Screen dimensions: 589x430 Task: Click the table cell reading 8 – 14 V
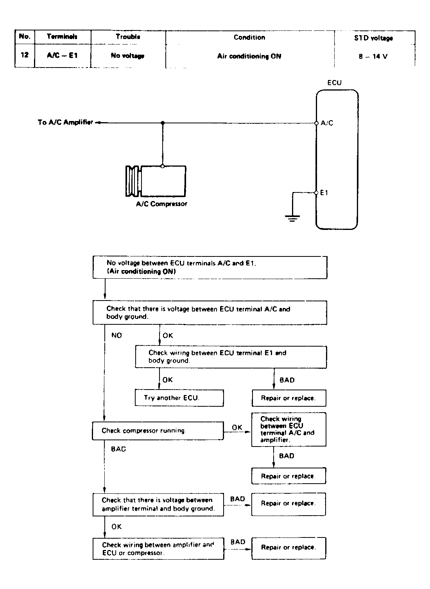pyautogui.click(x=373, y=56)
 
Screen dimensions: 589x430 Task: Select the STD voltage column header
pyautogui.click(x=373, y=38)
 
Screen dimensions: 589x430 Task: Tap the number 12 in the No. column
pyautogui.click(x=25, y=55)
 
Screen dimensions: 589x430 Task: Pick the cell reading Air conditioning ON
pyautogui.click(x=249, y=56)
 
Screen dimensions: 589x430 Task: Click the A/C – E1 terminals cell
pyautogui.click(x=62, y=55)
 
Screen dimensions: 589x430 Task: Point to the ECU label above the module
pyautogui.click(x=334, y=83)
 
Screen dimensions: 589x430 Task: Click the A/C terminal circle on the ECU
pyautogui.click(x=316, y=123)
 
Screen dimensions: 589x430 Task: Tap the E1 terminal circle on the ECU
pyautogui.click(x=316, y=192)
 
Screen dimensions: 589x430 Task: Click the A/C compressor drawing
pyautogui.click(x=156, y=181)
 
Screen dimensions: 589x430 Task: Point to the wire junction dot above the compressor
pyautogui.click(x=163, y=123)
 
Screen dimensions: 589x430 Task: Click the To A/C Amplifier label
pyautogui.click(x=65, y=123)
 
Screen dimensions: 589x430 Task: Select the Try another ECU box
pyautogui.click(x=179, y=398)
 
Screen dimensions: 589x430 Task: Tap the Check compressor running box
pyautogui.click(x=158, y=431)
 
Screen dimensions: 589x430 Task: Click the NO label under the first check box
pyautogui.click(x=116, y=335)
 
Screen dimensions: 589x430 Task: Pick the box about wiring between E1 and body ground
pyautogui.click(x=231, y=357)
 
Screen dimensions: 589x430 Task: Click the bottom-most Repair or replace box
pyautogui.click(x=288, y=548)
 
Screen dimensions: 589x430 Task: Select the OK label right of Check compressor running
pyautogui.click(x=237, y=427)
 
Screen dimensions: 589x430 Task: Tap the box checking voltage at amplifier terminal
pyautogui.click(x=158, y=504)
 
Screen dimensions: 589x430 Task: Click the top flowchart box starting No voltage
pyautogui.click(x=210, y=267)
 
